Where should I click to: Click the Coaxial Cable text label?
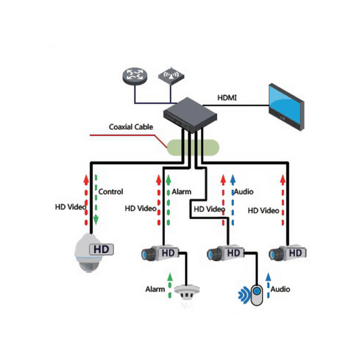coord(131,127)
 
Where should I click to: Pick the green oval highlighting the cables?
coord(194,147)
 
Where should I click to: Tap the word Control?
coord(111,192)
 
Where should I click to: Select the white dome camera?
coord(88,254)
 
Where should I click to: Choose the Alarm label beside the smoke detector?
coord(155,289)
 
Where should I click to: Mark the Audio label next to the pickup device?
coord(280,289)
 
